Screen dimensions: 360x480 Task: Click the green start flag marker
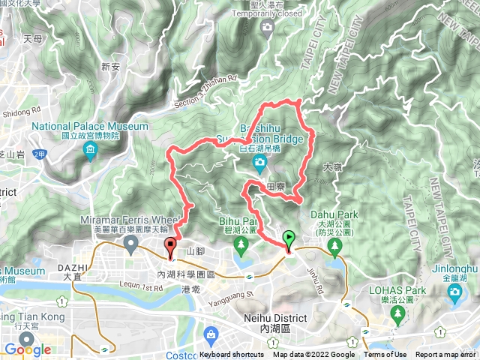pos(289,241)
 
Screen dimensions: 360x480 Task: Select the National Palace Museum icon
pos(91,153)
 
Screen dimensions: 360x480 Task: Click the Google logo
pos(28,349)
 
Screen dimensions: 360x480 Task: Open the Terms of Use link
pos(385,355)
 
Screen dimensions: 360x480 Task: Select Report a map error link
pos(447,355)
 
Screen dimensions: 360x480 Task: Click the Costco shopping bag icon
pos(212,334)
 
